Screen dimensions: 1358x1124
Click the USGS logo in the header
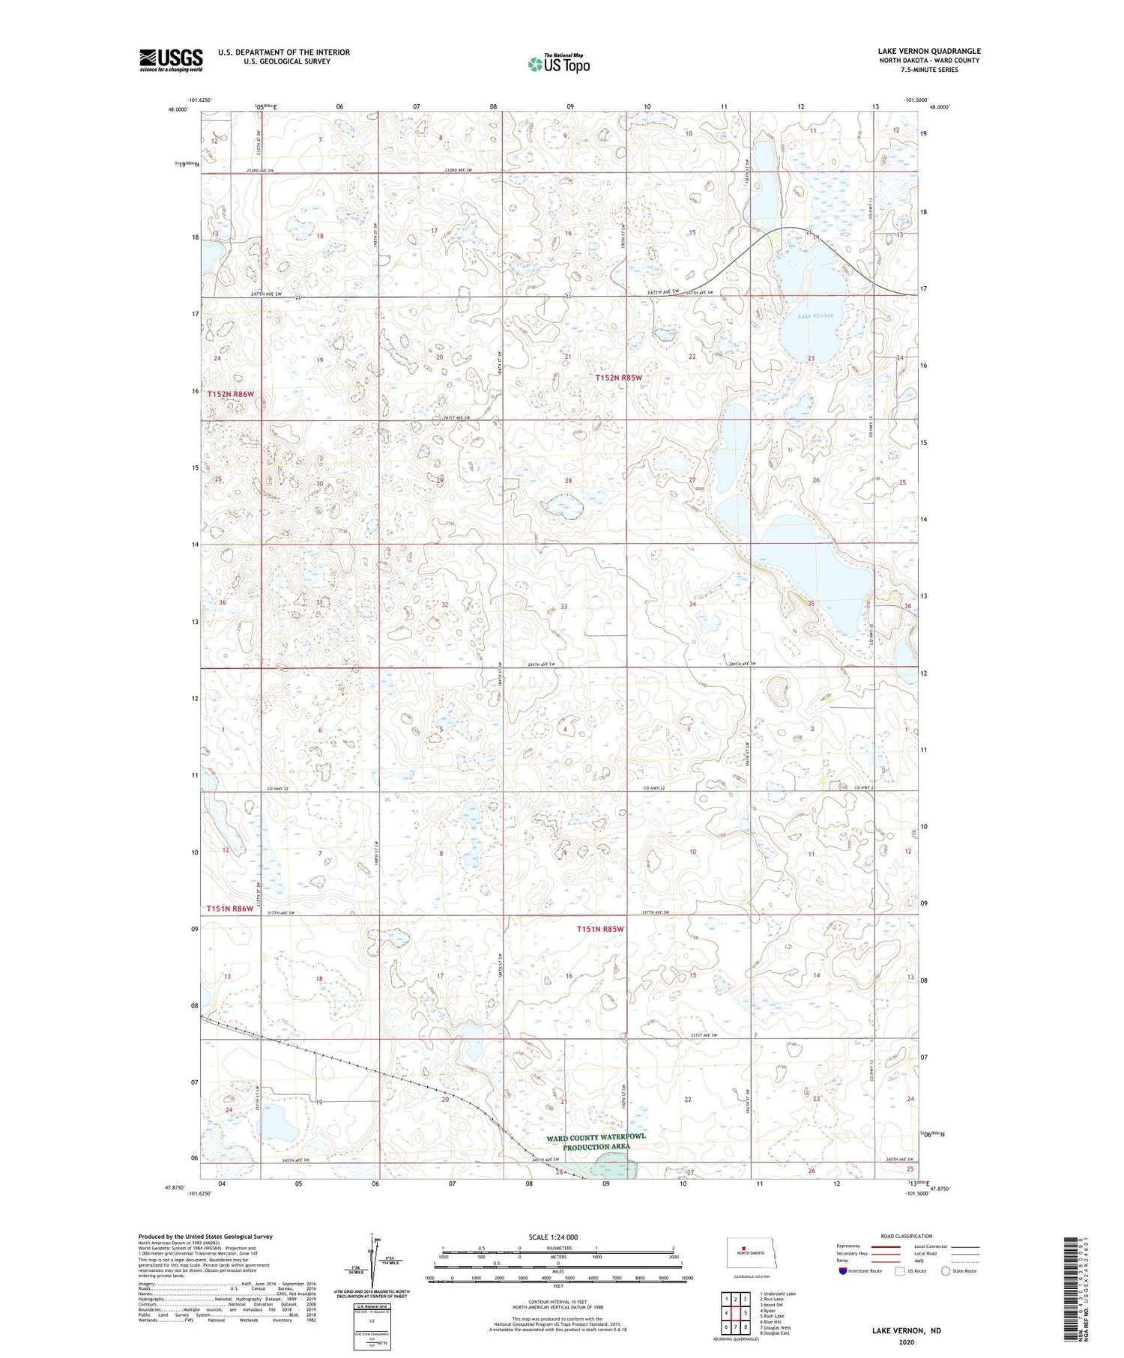(x=171, y=60)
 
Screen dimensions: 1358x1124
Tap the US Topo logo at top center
(x=558, y=64)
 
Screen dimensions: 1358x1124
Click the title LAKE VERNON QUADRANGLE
(x=928, y=51)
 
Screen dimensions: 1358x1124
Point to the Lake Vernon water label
(x=815, y=316)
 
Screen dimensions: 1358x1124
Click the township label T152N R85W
(x=619, y=378)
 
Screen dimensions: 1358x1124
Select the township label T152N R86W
(x=231, y=393)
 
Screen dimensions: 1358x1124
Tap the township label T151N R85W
(x=600, y=929)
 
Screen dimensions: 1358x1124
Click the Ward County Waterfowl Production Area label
(x=596, y=1142)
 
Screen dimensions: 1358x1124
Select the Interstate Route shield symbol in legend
(x=843, y=1270)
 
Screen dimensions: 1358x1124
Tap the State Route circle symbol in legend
(x=946, y=1270)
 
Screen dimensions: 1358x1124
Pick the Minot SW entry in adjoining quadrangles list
(x=771, y=1305)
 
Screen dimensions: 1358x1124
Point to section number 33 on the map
(x=563, y=606)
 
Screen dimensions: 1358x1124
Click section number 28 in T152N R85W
(x=569, y=481)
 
